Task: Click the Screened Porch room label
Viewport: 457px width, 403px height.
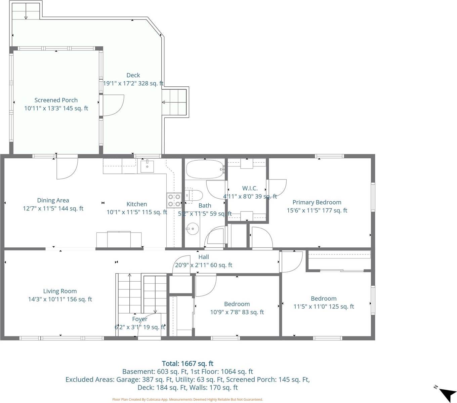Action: click(56, 100)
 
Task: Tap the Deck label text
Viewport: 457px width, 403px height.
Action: click(133, 75)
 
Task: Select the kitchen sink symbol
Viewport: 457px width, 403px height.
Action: click(147, 166)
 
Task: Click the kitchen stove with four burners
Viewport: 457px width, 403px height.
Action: click(174, 200)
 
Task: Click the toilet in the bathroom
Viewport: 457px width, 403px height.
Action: click(195, 195)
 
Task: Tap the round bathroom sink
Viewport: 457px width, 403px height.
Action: click(192, 229)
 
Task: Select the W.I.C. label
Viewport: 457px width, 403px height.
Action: click(250, 188)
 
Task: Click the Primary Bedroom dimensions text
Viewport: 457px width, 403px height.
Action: click(317, 210)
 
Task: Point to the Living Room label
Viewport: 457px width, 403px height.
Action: click(60, 291)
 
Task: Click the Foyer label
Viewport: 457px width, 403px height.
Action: click(139, 319)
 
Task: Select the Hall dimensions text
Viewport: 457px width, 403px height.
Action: click(203, 265)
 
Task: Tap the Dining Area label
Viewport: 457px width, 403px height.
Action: click(53, 200)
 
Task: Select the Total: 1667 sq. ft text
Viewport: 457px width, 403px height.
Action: click(188, 363)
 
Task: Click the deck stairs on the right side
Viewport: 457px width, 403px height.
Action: click(175, 102)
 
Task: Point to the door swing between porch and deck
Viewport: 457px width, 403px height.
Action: click(113, 105)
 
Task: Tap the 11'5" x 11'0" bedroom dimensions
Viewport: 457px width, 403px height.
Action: click(324, 307)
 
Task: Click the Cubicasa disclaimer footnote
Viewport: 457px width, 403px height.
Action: click(188, 399)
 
